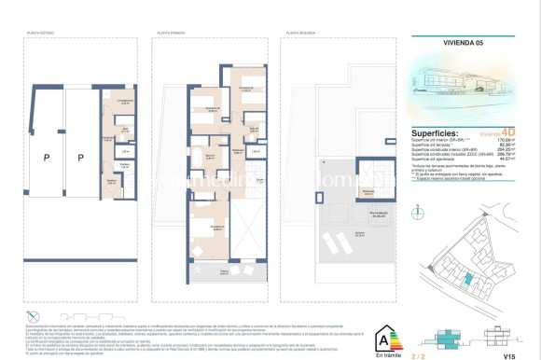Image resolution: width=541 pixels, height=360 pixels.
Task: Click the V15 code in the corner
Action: (x=507, y=355)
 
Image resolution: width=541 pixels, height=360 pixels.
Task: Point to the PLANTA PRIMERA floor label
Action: (x=169, y=35)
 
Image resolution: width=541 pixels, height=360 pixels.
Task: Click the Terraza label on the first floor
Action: (x=224, y=271)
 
